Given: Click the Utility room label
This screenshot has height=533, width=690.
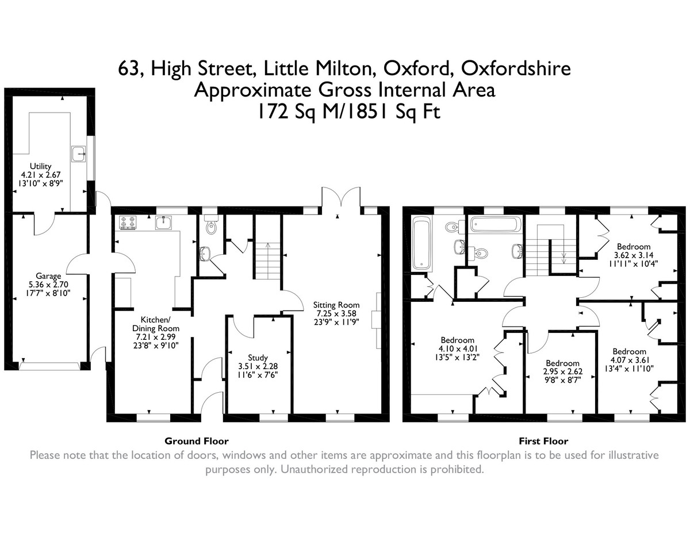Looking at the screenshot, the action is point(40,166).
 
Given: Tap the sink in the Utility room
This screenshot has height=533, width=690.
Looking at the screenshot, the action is point(78,154).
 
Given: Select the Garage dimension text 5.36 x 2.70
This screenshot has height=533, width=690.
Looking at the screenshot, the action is point(48,285).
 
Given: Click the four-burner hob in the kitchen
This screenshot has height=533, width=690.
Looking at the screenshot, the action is point(128,223).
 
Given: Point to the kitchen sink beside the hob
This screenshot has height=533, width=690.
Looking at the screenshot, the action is point(163,223).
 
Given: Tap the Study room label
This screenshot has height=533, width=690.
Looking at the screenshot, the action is point(258,358).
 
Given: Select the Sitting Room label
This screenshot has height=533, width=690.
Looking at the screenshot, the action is point(336,305).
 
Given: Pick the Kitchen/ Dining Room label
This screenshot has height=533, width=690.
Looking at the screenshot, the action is point(156,324).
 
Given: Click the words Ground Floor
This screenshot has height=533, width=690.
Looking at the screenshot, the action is point(197,441).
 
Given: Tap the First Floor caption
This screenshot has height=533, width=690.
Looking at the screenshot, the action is point(543,441).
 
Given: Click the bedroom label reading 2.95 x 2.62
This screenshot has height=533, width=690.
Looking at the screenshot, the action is point(563,371).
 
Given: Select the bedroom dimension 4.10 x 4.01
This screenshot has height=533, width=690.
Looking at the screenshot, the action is point(457,348).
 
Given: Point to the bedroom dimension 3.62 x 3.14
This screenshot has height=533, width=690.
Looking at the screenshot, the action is point(634,255).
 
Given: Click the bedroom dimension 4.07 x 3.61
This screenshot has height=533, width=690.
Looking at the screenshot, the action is point(630,360).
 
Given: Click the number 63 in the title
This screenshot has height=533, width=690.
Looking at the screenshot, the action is point(129,69).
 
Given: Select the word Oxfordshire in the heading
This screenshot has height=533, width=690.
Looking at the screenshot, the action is point(516,68).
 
